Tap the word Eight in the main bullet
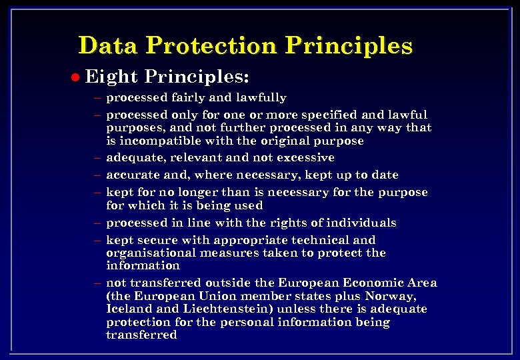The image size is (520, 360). tap(111, 77)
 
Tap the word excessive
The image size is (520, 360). tap(303, 158)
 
